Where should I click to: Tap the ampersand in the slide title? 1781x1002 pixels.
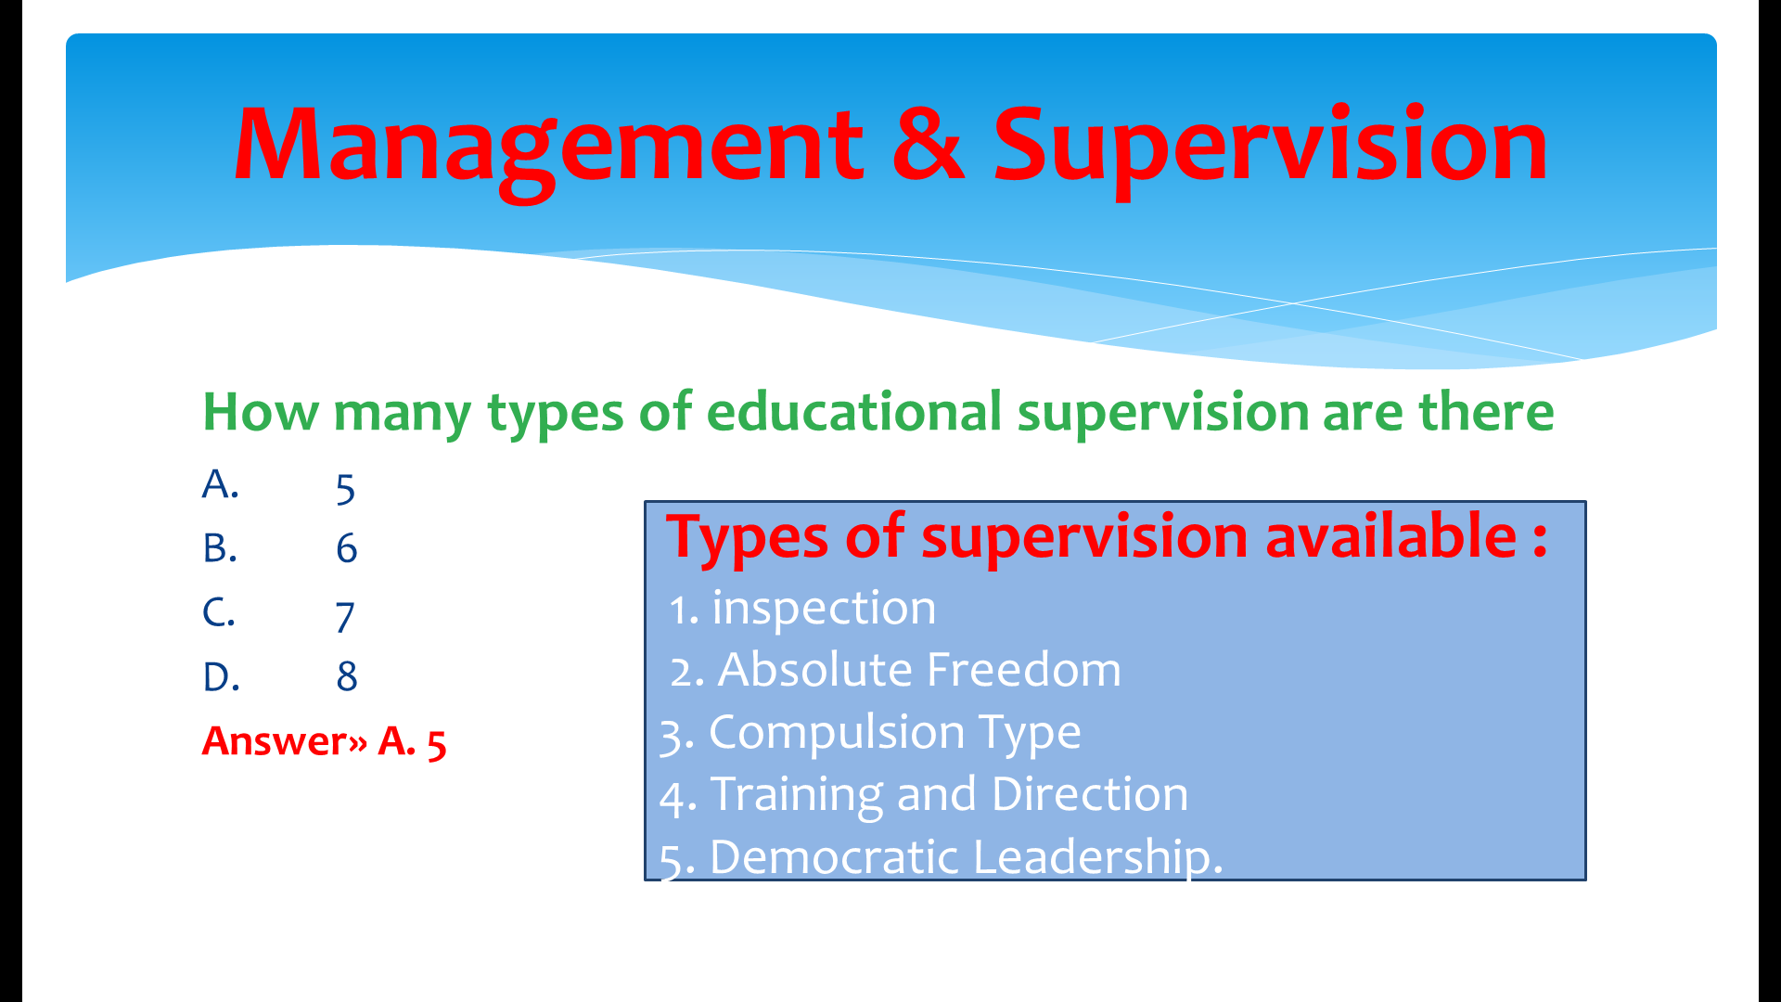tap(929, 144)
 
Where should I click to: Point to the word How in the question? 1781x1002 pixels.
tap(260, 412)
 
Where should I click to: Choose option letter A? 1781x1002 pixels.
tap(221, 483)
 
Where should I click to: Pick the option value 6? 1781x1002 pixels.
tap(346, 548)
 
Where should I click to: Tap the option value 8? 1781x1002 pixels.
tap(347, 676)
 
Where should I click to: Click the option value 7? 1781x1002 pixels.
tap(345, 617)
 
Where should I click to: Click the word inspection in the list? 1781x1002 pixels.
tap(824, 609)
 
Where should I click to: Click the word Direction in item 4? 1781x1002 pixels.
tap(1090, 795)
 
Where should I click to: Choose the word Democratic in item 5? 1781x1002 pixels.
tap(834, 856)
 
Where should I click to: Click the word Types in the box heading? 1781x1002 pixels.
tap(747, 539)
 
